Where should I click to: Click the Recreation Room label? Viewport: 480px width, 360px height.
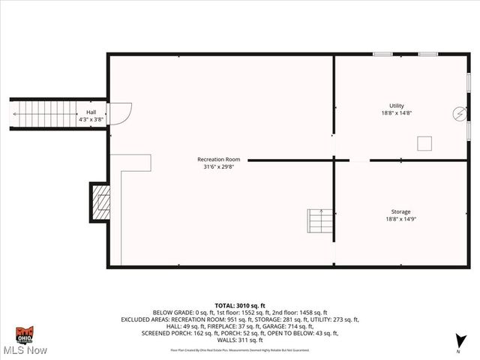pos(218,159)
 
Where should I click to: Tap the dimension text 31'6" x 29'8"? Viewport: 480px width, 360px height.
pos(218,167)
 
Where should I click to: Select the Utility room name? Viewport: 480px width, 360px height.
pos(396,106)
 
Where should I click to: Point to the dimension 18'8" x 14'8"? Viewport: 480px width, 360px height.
pos(396,113)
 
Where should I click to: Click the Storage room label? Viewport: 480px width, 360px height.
pos(400,211)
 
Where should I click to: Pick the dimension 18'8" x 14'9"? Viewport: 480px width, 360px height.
pos(400,219)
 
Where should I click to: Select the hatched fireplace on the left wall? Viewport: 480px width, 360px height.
pos(100,202)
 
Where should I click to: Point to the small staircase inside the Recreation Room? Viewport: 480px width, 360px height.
pos(319,220)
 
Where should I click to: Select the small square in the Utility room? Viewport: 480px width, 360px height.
pos(425,142)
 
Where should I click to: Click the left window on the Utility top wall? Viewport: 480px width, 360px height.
pos(382,54)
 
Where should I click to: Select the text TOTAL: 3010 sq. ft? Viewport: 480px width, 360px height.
pos(240,305)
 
